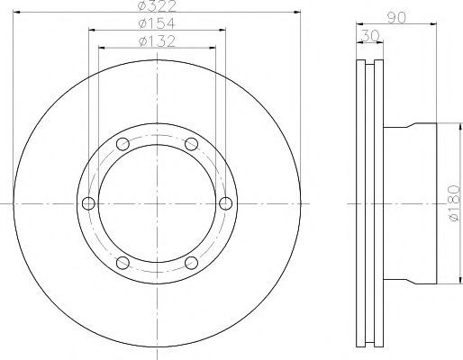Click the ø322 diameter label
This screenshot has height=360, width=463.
tap(157, 6)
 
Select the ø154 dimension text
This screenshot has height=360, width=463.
tap(157, 23)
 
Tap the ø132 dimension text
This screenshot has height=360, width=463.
tap(157, 41)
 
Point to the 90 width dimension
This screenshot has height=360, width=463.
tap(396, 18)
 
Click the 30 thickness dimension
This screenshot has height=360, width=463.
tap(369, 36)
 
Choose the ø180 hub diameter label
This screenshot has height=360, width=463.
tap(454, 203)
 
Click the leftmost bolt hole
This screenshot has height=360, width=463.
tap(88, 203)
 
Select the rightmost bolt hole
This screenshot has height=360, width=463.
tap(225, 203)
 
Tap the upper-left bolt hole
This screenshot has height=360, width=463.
tap(123, 144)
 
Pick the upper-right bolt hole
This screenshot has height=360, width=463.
tap(191, 144)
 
